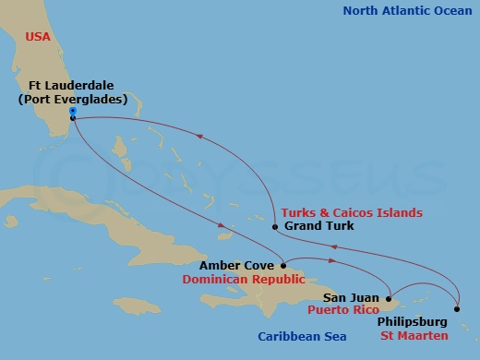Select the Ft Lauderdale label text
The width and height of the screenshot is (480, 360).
[69, 85]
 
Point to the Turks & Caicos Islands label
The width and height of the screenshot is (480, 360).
[353, 212]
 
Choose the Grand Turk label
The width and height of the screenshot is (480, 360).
[318, 226]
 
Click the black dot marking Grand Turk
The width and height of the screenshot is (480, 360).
[275, 226]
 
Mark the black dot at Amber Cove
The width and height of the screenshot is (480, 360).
[282, 264]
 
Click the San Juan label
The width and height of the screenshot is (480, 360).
[352, 298]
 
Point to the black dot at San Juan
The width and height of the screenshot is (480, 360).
[388, 298]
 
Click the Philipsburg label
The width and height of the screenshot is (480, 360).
[413, 321]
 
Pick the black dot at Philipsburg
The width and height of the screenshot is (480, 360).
[457, 310]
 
